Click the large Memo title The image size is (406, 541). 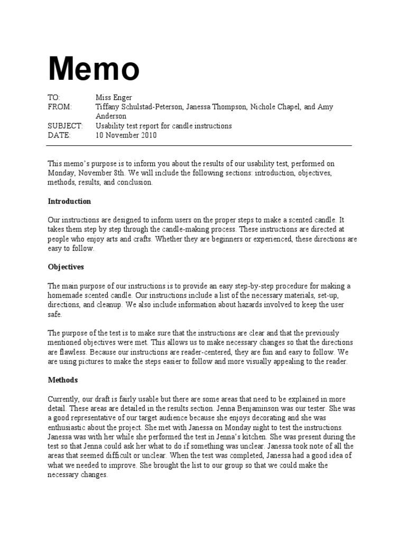(94, 69)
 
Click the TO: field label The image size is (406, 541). (54, 98)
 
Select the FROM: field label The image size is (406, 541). (59, 107)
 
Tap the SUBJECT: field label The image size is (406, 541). (65, 126)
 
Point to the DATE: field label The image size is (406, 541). (59, 135)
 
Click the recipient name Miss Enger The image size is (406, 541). (113, 98)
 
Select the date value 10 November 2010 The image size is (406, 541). (126, 135)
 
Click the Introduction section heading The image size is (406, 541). (69, 201)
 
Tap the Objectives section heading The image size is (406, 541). (66, 267)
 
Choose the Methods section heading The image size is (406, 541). (63, 380)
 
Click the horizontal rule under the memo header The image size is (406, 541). (200, 145)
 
